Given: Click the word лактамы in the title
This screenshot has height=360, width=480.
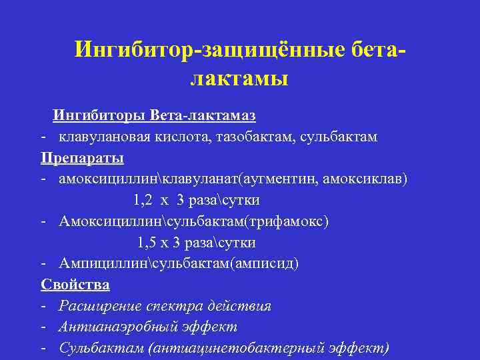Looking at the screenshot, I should [x=239, y=79].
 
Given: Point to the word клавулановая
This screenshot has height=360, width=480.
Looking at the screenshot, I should [x=102, y=137].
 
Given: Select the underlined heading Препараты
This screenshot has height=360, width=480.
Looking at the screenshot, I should [x=82, y=159].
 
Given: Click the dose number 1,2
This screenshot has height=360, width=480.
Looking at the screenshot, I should [x=143, y=201].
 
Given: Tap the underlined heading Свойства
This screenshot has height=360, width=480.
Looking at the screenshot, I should [x=75, y=285].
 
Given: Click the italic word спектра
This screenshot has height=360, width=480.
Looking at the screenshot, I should [x=173, y=307].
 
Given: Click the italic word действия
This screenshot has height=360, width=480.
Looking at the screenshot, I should [x=240, y=306].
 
